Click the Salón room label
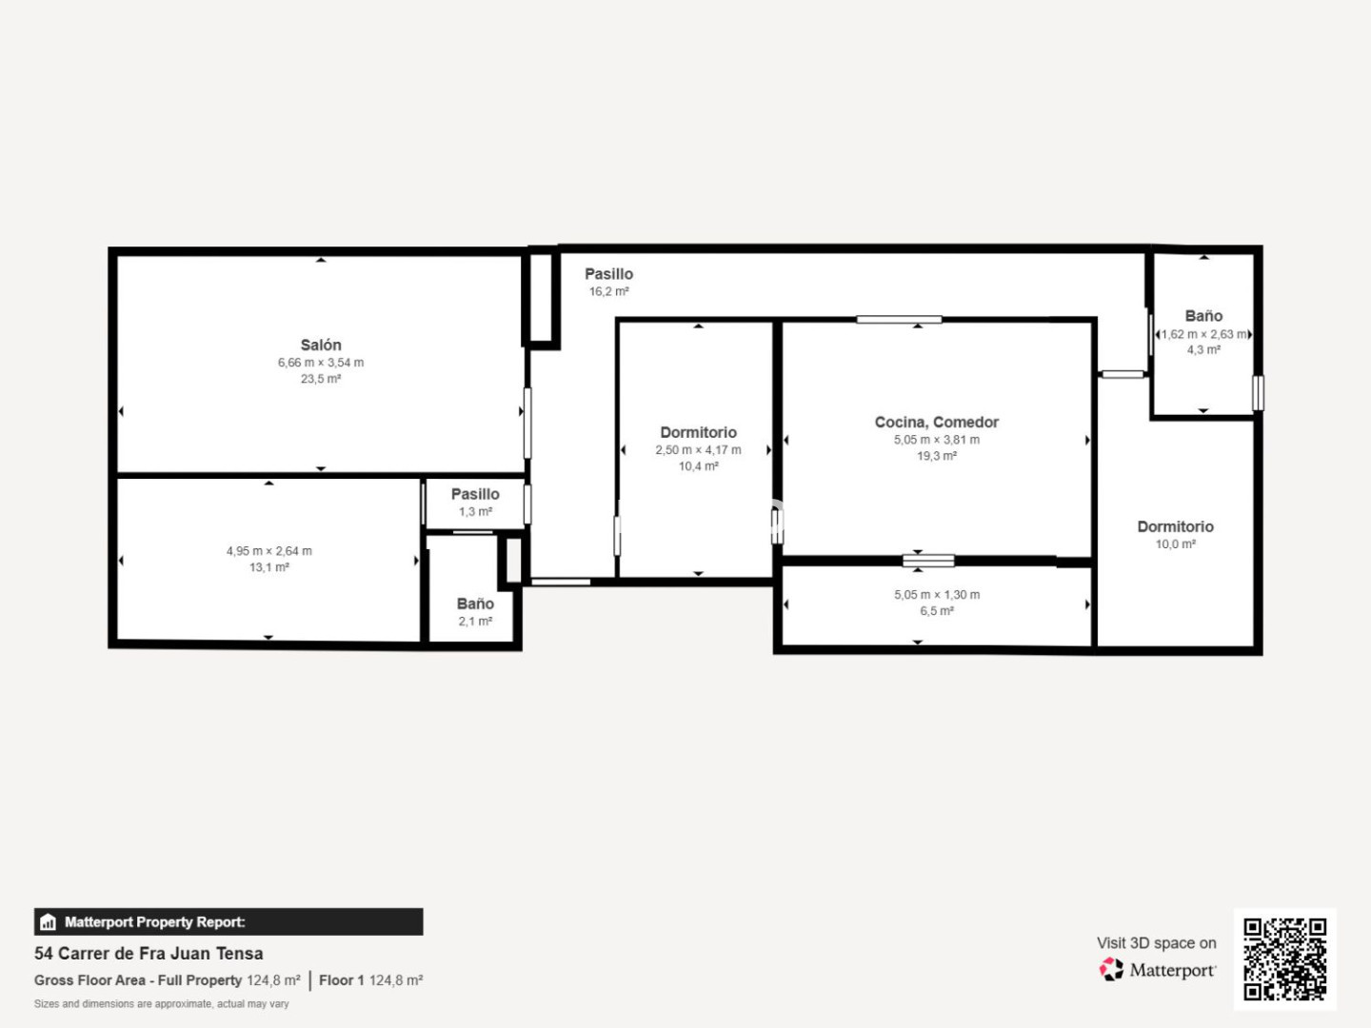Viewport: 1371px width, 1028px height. (x=321, y=346)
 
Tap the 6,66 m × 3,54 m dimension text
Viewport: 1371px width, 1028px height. (x=321, y=363)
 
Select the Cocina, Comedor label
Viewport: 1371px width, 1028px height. (x=936, y=423)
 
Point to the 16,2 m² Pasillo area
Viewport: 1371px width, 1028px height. (x=608, y=291)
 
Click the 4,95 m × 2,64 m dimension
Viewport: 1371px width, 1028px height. (x=269, y=551)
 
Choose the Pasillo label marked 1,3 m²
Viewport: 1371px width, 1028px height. (x=475, y=494)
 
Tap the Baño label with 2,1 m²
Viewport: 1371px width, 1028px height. (x=475, y=603)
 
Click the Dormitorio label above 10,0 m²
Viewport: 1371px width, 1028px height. (x=1176, y=526)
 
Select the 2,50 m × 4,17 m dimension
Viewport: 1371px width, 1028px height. (x=698, y=450)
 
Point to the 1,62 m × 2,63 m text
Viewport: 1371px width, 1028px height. (x=1203, y=334)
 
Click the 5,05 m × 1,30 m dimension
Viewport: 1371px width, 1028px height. (x=937, y=595)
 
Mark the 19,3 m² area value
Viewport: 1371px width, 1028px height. (x=936, y=456)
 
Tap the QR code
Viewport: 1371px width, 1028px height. (x=1284, y=959)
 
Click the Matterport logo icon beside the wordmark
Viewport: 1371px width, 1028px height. (x=1111, y=969)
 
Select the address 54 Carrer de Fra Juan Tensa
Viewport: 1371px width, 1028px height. (x=149, y=954)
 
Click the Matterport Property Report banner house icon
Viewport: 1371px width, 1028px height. (x=49, y=922)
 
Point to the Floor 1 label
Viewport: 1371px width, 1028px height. (x=341, y=980)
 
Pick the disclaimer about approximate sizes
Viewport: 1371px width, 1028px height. (x=161, y=1003)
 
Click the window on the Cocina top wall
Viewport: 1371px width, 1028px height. (x=899, y=320)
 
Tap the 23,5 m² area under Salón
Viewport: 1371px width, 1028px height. (x=321, y=379)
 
